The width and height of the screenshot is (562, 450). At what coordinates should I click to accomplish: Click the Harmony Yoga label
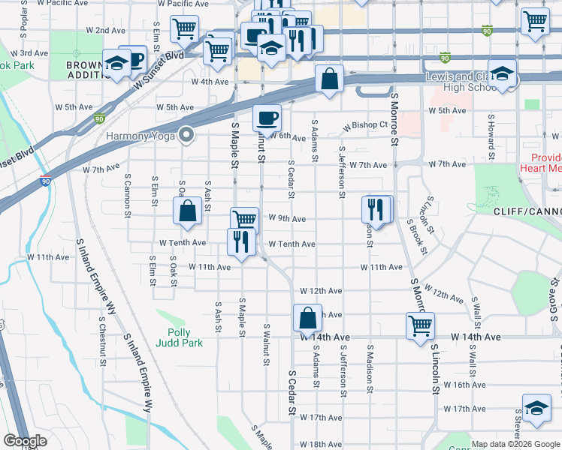point(141,136)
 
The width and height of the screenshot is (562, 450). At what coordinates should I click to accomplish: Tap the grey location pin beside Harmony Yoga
point(186,136)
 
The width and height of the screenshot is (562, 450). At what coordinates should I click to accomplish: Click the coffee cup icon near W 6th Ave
point(267,118)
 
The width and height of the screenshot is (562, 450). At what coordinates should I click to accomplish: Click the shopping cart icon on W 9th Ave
point(244,220)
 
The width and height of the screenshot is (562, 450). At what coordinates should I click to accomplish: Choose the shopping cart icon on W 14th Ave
point(419,325)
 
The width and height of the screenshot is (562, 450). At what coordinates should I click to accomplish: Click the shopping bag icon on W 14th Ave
point(307,318)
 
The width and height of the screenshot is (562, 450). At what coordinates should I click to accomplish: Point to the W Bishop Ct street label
point(365,125)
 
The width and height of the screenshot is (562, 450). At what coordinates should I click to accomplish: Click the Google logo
point(25,442)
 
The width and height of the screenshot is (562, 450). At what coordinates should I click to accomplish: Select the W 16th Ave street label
point(464,385)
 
